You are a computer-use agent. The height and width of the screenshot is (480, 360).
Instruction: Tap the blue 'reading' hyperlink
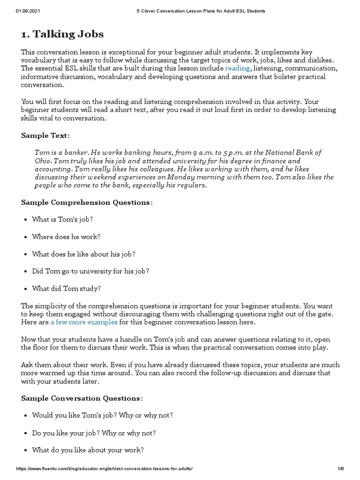(x=237, y=68)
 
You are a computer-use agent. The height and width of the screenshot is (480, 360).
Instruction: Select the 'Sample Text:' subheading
(x=45, y=135)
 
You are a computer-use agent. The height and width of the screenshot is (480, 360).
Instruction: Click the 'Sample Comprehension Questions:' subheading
(x=87, y=202)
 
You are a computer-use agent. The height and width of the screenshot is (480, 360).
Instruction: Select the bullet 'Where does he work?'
(x=66, y=237)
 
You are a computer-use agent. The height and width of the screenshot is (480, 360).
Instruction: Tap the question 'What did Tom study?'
(x=66, y=288)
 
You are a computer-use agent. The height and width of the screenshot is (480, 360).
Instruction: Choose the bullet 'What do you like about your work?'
(x=88, y=450)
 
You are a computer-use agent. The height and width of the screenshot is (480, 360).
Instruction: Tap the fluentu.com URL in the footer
(x=104, y=469)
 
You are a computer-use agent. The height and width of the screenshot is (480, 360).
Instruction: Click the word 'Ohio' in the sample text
(x=43, y=161)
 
